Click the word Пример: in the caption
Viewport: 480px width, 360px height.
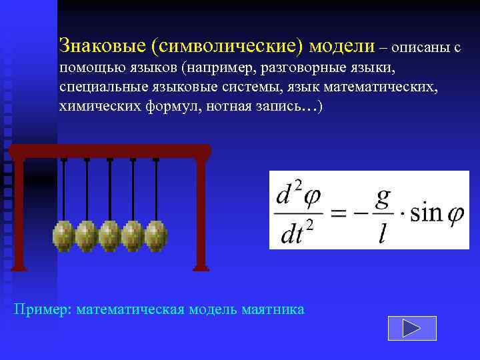pos(43,309)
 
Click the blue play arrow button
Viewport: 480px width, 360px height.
pos(411,327)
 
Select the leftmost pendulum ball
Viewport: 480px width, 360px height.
pos(63,235)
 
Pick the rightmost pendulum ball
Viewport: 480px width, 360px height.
pos(156,235)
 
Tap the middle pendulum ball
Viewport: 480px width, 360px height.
pos(110,235)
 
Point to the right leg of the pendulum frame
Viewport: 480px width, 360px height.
pos(201,213)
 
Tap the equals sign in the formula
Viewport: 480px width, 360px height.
pos(340,214)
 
